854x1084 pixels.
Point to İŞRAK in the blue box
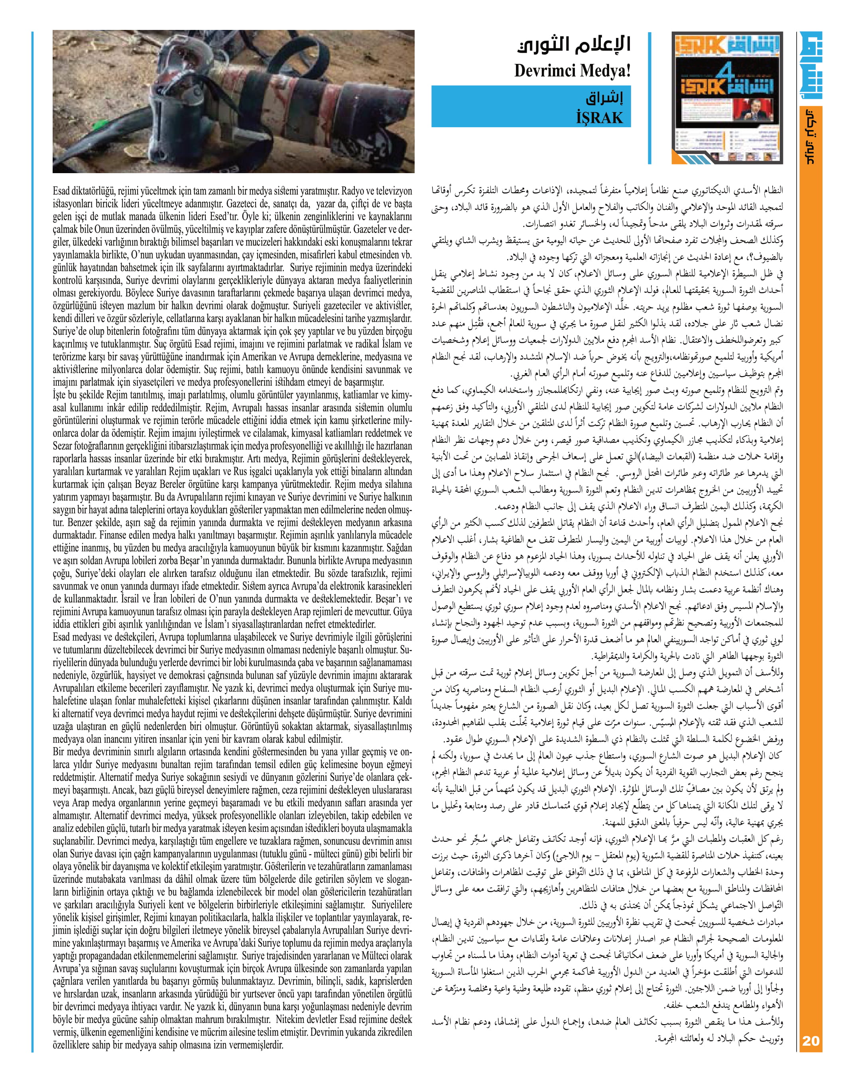tap(600, 118)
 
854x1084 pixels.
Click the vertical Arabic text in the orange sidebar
tap(811, 136)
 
